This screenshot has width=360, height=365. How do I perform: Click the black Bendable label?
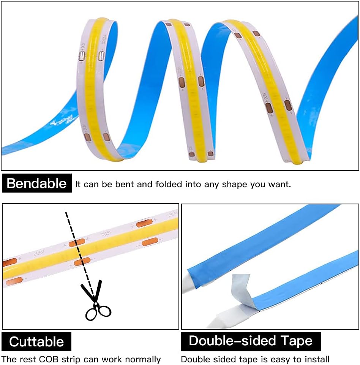point(36,183)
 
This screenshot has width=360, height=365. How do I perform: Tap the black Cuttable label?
point(36,341)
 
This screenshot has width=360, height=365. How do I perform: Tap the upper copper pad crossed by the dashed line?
point(79,243)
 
